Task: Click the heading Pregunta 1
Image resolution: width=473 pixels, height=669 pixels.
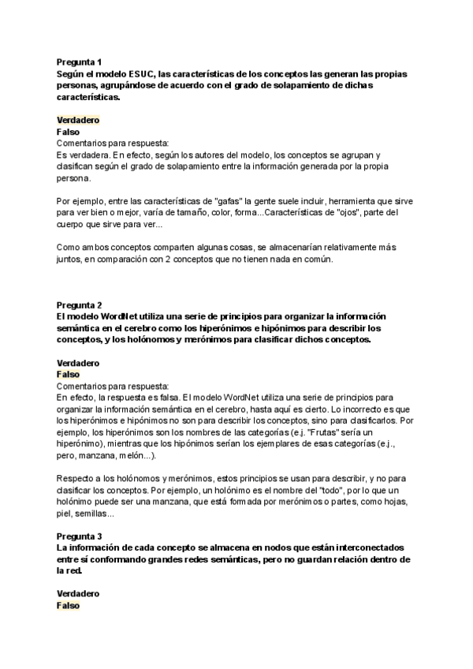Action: pyautogui.click(x=79, y=61)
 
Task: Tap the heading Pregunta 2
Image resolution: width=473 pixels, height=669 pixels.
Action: pyautogui.click(x=79, y=304)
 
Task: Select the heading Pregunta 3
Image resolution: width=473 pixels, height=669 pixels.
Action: pyautogui.click(x=79, y=533)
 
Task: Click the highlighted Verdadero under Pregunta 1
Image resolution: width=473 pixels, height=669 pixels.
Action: pyautogui.click(x=77, y=120)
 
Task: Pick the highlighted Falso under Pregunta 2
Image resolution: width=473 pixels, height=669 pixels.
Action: pyautogui.click(x=69, y=374)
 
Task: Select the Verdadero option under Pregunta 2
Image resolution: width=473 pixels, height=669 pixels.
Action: pyautogui.click(x=77, y=363)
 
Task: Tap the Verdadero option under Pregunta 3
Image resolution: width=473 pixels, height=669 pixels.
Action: pyautogui.click(x=77, y=592)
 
